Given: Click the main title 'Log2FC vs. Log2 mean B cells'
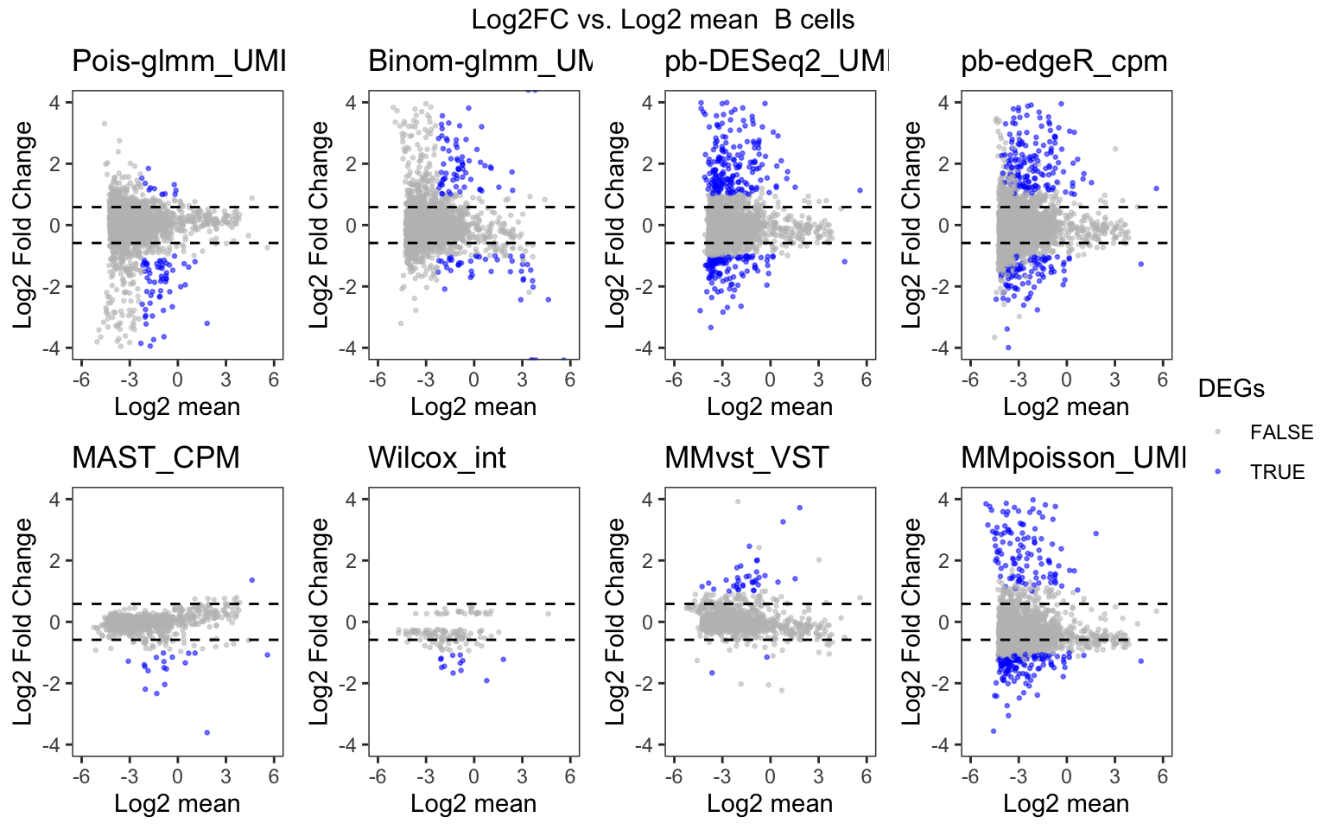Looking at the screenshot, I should coord(663,20).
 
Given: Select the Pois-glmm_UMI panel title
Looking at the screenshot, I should coord(178,61).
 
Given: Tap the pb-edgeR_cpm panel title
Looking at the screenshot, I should coord(1064,61).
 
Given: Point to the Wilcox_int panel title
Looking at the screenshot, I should coord(436,457).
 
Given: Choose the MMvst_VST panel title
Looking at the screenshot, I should coord(746,457).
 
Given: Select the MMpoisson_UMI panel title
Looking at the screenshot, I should coord(1072,457).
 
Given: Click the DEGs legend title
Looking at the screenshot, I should coord(1230,389).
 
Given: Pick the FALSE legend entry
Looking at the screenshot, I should coord(1280,432).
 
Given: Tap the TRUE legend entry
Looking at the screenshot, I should coord(1277,472).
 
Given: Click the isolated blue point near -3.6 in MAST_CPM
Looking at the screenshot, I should coord(206,732).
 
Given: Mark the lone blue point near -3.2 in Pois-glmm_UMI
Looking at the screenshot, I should coord(206,322).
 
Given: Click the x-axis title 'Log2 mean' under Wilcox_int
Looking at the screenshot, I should coord(473,804).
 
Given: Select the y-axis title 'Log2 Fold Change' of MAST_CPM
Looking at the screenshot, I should coord(22,622).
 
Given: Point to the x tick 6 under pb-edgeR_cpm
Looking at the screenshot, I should coord(1162,380).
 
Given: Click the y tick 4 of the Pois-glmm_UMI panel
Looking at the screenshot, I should coord(55,103).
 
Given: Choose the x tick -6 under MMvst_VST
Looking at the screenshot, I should coord(674,776).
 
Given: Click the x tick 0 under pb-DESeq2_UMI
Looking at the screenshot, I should coord(770,380).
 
